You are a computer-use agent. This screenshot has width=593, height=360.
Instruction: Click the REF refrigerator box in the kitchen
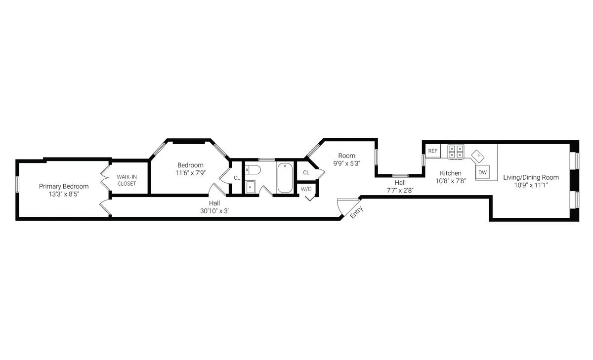(x=433, y=151)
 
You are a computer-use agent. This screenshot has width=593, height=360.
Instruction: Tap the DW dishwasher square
(x=483, y=172)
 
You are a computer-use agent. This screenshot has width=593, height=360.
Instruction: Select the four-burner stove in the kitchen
(x=456, y=152)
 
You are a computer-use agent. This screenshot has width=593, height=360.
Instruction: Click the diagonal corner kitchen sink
(x=478, y=157)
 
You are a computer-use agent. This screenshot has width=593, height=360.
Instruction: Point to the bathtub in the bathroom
(x=285, y=178)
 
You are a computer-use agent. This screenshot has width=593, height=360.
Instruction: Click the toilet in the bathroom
(x=253, y=170)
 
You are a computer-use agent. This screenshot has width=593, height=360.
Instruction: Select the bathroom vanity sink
(x=250, y=187)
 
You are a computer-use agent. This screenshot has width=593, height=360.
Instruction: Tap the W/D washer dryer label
(x=306, y=189)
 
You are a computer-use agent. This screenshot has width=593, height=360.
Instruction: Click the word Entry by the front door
(x=356, y=212)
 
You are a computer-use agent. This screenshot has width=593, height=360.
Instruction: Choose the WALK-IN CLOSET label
(x=127, y=180)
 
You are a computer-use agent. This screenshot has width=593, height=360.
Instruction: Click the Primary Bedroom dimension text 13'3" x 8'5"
(x=64, y=194)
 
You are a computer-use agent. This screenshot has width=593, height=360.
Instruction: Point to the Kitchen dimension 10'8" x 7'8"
(x=451, y=181)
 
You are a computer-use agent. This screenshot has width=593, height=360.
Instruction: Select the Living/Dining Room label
(x=531, y=177)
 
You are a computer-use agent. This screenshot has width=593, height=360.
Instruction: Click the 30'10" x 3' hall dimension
(x=214, y=211)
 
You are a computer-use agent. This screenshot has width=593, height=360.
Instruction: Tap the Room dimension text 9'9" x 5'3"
(x=346, y=163)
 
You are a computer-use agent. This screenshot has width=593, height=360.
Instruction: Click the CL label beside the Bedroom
(x=237, y=178)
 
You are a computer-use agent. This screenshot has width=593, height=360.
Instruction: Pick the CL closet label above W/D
(x=306, y=173)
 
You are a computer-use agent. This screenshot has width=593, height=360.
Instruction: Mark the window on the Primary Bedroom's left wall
(x=17, y=184)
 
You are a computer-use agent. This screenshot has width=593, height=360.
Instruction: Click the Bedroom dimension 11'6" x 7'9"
(x=190, y=173)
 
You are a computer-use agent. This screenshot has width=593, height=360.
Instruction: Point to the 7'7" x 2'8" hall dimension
(x=400, y=190)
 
